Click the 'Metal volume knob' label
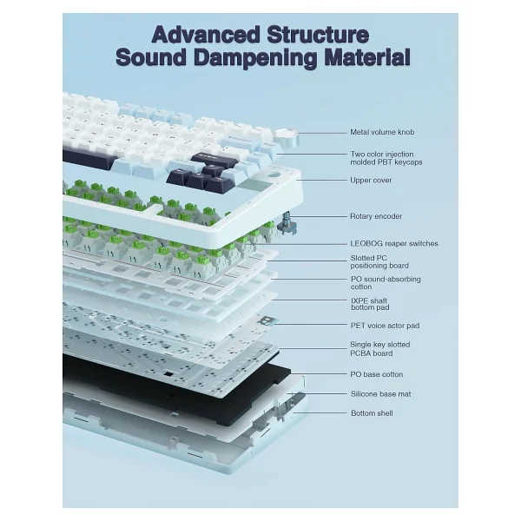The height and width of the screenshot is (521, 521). click(x=382, y=132)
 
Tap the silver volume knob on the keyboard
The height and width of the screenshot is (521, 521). click(x=287, y=137)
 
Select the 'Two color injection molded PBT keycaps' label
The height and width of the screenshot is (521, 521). click(x=386, y=158)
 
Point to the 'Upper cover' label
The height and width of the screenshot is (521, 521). click(x=371, y=180)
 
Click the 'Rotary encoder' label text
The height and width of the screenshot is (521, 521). click(x=376, y=216)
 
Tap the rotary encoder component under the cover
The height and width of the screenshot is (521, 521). click(x=288, y=222)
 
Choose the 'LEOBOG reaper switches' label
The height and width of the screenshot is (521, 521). click(x=394, y=243)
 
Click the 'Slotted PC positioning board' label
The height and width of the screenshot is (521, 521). click(x=379, y=262)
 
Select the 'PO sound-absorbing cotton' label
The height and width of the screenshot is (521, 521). click(x=386, y=283)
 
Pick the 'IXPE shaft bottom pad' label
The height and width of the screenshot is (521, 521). click(x=370, y=304)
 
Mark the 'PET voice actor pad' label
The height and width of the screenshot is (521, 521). click(x=385, y=326)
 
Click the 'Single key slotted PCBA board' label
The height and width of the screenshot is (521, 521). click(x=379, y=349)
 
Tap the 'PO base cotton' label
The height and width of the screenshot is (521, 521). click(x=377, y=374)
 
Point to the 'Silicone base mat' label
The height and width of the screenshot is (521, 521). click(x=381, y=394)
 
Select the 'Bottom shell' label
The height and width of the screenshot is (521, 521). click(x=372, y=413)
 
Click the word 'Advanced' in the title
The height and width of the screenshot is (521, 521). click(x=206, y=35)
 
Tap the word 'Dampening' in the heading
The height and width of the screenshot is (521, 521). click(x=255, y=57)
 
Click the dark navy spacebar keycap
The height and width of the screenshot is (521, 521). click(x=89, y=159)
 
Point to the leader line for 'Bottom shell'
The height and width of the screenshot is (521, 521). click(x=320, y=413)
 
